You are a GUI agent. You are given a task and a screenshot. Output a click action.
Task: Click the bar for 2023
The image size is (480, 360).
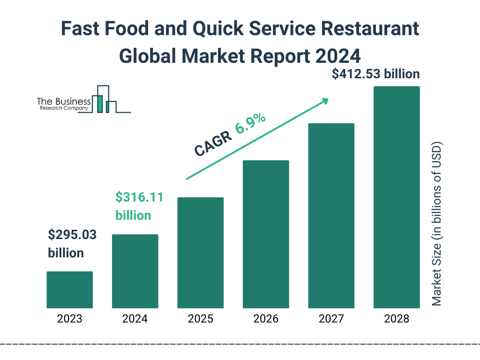69,290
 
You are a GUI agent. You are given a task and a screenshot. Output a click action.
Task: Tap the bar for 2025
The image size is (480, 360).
200,253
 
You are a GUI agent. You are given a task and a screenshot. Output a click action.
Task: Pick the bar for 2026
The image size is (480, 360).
266,234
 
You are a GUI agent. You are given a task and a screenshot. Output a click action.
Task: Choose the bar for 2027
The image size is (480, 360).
331,216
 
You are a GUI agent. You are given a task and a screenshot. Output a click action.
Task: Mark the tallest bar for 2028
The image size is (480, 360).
397,197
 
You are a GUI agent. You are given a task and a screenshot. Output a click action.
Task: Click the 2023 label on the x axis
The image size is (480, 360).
69,319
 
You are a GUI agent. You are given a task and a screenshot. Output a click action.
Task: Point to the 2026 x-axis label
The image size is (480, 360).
266,319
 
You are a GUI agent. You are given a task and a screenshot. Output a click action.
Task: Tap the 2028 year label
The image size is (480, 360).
397,319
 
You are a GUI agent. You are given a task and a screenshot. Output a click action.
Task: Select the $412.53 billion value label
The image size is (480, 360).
375,74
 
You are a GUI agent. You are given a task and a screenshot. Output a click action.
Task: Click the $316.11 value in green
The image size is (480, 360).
140,197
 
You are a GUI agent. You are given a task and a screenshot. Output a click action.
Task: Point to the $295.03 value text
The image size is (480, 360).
72,235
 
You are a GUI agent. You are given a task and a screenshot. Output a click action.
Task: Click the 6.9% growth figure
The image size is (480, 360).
251,124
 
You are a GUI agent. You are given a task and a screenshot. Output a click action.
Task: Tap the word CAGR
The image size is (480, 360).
213,143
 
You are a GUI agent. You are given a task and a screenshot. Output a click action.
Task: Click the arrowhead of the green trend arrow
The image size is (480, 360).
325,101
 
